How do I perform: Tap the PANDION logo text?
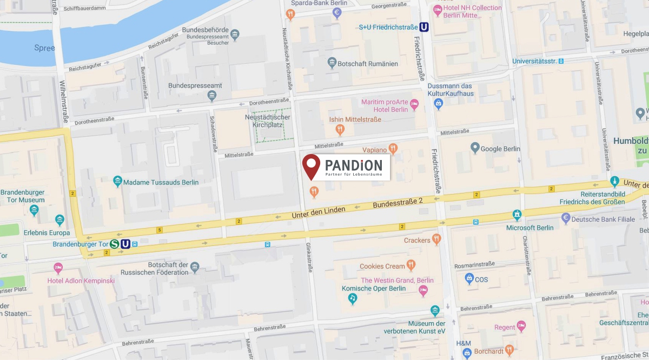coord(354,164)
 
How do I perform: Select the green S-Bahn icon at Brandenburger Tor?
coord(115,244)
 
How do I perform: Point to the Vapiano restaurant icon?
coord(394,147)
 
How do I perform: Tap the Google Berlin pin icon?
coord(475,148)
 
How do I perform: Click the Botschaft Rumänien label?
coord(367,64)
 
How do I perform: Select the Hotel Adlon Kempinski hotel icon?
coord(58,267)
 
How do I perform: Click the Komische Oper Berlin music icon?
coord(353,297)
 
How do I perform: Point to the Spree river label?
coord(44,48)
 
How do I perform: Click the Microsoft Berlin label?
coord(529,228)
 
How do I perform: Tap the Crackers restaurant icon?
coord(437,239)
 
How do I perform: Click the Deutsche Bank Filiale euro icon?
coord(566,218)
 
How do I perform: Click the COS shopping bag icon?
coord(469,279)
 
